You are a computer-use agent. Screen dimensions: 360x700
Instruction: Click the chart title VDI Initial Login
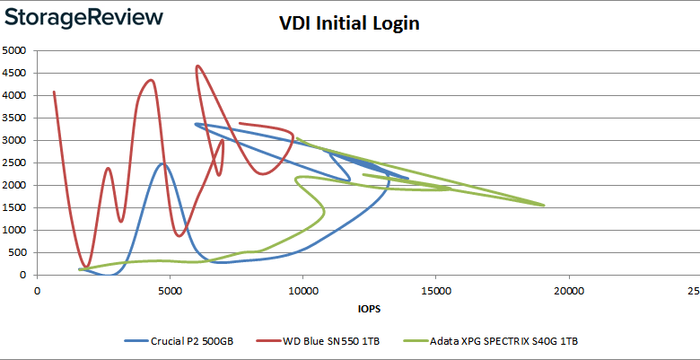(x=349, y=24)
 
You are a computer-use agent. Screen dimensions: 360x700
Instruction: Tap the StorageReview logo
(x=83, y=17)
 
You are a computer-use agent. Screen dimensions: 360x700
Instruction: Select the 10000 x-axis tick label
(x=302, y=291)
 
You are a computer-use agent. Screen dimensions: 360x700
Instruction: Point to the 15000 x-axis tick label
(x=435, y=291)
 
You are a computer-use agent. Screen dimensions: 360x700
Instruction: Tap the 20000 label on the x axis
(x=568, y=291)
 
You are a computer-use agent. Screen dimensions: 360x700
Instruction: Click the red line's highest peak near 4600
(x=197, y=66)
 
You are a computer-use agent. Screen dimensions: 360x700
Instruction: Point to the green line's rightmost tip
(x=544, y=206)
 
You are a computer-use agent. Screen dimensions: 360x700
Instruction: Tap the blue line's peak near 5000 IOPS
(x=162, y=163)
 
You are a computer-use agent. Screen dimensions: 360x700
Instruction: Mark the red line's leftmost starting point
(x=54, y=92)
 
